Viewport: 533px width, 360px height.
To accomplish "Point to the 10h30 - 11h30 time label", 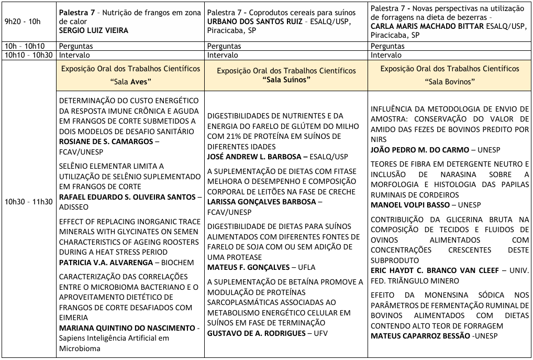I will click(x=28, y=202).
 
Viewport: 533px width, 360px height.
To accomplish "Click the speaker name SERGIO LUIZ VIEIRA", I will click(x=94, y=30).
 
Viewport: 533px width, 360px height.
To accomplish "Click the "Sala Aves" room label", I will click(x=130, y=82).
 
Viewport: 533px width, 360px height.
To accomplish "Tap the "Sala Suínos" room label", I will click(x=286, y=79).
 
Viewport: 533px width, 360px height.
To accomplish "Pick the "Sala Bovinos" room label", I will click(x=450, y=82).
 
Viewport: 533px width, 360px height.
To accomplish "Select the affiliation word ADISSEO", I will click(x=73, y=206).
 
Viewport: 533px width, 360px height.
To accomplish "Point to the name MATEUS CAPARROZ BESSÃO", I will click(x=420, y=336).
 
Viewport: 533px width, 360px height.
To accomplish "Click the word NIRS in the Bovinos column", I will click(x=379, y=140).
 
